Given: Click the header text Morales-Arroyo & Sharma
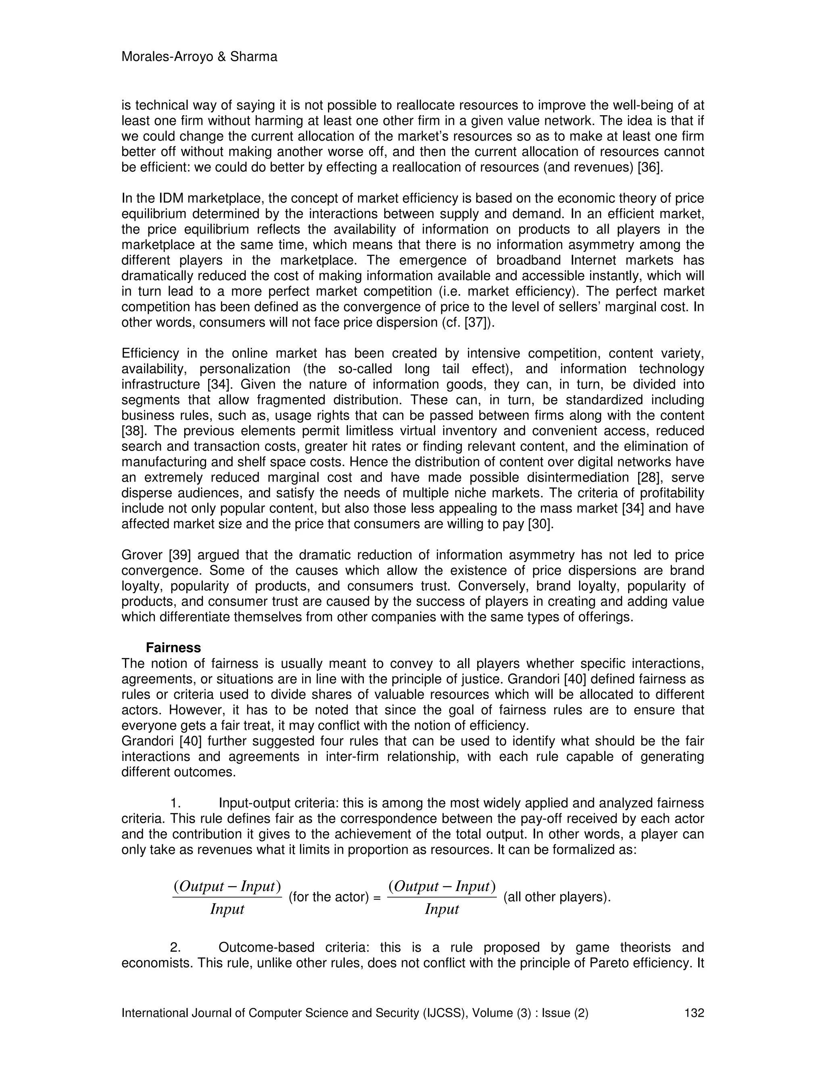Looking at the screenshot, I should (x=199, y=57).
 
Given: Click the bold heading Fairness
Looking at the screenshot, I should (x=173, y=648).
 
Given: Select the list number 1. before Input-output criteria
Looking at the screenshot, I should (x=176, y=804).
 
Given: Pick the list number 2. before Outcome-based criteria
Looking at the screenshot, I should (x=176, y=948).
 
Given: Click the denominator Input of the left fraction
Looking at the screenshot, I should (x=227, y=910).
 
